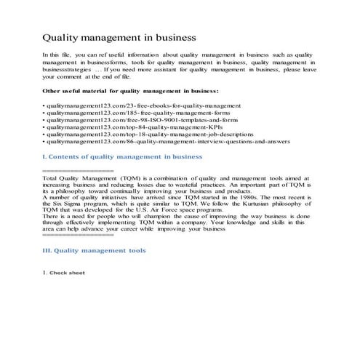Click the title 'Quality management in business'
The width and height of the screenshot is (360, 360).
click(x=119, y=35)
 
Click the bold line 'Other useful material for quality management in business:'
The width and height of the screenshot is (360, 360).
click(x=131, y=91)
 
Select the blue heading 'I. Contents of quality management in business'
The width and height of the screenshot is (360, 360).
click(x=122, y=164)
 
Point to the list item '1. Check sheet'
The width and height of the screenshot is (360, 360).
click(x=64, y=273)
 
